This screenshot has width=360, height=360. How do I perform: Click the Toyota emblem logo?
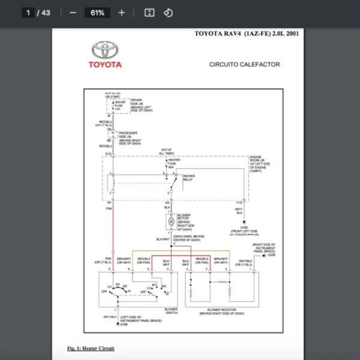[x=106, y=50]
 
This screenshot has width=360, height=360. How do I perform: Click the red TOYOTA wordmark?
[x=106, y=65]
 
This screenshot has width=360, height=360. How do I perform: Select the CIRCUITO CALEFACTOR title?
[x=244, y=64]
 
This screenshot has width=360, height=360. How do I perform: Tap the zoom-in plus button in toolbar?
[x=122, y=13]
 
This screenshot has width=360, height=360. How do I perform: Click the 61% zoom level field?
[x=97, y=13]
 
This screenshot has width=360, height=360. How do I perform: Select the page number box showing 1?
[x=28, y=13]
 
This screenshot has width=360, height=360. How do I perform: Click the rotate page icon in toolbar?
[x=168, y=13]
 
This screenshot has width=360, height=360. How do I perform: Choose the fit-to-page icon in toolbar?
[x=150, y=13]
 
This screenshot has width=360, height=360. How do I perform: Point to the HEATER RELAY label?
[x=184, y=178]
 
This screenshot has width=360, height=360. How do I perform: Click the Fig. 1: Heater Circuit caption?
[x=91, y=348]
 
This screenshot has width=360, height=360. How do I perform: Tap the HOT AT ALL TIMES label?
[x=166, y=151]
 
